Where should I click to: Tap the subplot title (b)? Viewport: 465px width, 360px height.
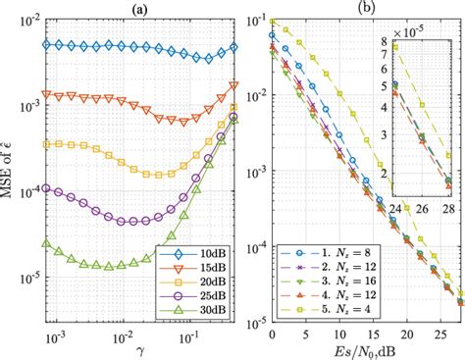(x=362, y=9)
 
